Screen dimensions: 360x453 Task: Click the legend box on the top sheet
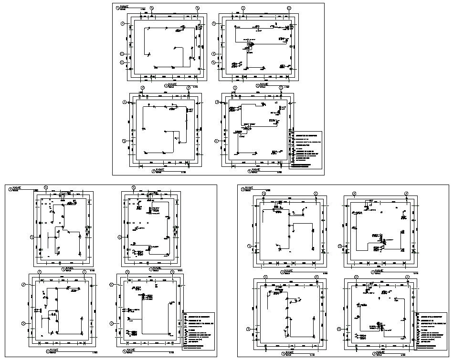[x=306, y=150]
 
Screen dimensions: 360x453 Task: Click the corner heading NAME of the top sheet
[x=125, y=7]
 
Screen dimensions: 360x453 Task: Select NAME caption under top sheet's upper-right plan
[x=263, y=85]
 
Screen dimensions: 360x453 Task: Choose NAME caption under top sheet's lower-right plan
[x=256, y=170]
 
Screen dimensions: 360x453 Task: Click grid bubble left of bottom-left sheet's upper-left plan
[x=32, y=237]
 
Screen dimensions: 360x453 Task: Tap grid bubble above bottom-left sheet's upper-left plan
[x=46, y=186]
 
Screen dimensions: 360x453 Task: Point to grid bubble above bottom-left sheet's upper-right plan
[x=133, y=187]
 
